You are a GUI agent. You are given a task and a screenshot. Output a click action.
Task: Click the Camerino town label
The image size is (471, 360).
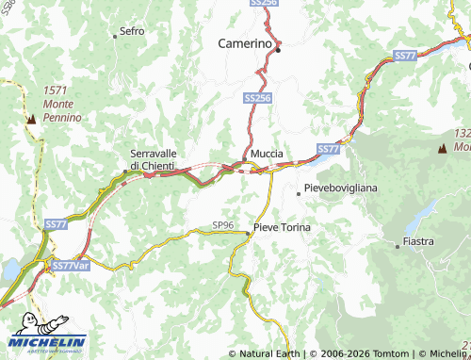(x=245, y=42)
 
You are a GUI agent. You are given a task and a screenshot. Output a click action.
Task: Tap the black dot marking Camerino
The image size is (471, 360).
(x=278, y=50)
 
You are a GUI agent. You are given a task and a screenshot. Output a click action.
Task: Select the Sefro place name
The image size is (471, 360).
(x=132, y=31)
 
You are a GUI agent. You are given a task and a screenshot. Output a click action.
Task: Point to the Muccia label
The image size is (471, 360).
(x=267, y=154)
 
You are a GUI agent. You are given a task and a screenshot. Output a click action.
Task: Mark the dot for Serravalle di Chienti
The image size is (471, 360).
(x=126, y=171)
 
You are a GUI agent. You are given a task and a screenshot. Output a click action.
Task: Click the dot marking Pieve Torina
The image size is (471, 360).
(x=248, y=232)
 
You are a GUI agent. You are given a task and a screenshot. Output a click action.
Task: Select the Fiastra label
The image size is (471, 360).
(x=418, y=242)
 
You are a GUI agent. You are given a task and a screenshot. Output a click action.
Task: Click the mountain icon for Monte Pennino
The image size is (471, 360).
(x=31, y=119)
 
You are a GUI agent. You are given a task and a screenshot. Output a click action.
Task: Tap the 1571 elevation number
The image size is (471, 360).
(x=56, y=90)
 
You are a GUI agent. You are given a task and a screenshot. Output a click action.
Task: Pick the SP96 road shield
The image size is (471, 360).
(x=223, y=225)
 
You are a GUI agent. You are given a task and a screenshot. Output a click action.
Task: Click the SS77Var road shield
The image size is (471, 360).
(x=69, y=267)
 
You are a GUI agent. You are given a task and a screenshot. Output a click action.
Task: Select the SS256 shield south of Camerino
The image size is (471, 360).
(x=257, y=97)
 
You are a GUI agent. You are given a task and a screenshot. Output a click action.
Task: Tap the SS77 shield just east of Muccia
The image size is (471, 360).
(x=327, y=149)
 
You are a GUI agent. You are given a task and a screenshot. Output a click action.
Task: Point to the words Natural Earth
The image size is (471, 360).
(x=270, y=354)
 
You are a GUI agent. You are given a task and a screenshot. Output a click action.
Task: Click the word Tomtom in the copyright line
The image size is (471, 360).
(x=373, y=354)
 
